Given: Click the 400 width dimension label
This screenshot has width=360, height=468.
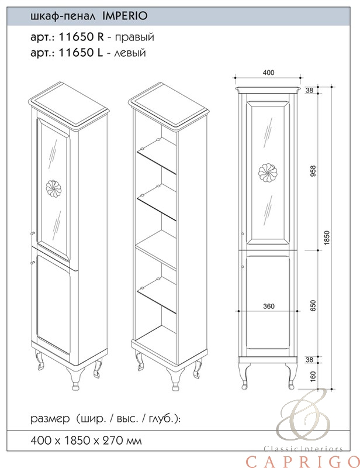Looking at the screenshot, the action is point(268,73).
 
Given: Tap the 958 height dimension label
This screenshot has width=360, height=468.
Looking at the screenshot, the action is point(313,171).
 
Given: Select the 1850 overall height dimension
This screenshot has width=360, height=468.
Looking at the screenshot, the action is point(327,238).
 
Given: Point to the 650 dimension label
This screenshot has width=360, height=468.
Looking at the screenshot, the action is point(313,305).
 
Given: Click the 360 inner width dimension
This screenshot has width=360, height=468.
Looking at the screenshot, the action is point(269,306).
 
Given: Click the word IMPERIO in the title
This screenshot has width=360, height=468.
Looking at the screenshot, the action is point(124,16).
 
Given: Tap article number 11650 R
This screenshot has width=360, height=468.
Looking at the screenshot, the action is point(81,37).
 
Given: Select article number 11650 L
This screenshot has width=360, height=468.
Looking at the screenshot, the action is point(81,53).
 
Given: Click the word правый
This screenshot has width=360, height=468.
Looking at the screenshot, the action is point(134,37).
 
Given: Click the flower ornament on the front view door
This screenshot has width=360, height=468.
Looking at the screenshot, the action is point(268,173).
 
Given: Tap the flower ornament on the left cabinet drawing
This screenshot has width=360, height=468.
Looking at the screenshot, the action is point(54,188).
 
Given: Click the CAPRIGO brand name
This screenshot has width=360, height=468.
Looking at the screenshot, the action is point(303,461).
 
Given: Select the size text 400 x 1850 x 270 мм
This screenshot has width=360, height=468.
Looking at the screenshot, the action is point(86,441).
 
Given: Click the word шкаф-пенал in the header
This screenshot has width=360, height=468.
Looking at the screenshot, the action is point(63,16).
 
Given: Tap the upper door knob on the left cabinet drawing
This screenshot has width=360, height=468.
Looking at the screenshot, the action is point(33,233).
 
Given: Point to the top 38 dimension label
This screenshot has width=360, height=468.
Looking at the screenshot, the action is point(309,90).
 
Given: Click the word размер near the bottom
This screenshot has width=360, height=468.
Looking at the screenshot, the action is point(50,419).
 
